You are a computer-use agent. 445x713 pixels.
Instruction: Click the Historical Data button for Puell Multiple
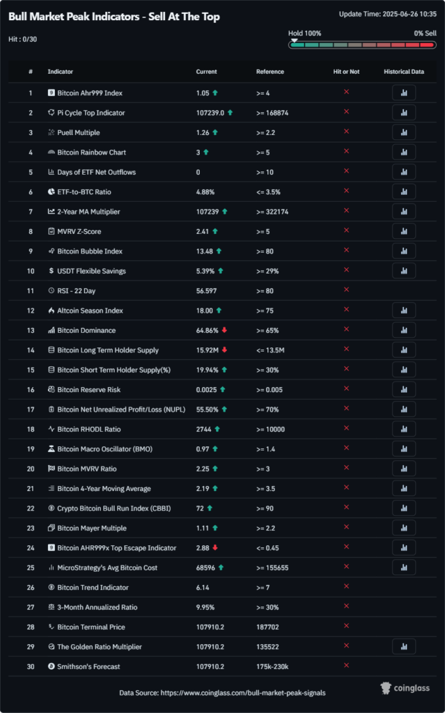[x=404, y=132]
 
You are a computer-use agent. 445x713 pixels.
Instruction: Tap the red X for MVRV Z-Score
[x=346, y=231]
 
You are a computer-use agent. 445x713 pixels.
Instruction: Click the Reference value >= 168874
[x=272, y=113]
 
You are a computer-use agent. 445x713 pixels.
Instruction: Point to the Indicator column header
[x=60, y=72]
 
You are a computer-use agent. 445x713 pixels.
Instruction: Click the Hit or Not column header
[x=346, y=72]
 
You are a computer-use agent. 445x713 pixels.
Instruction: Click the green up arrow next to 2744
[x=217, y=429]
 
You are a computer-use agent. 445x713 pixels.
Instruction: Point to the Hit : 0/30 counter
[x=23, y=39]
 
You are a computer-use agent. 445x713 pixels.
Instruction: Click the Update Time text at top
[x=387, y=14]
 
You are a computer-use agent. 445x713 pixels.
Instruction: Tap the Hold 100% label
[x=304, y=33]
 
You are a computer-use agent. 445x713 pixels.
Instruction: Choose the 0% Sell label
[x=425, y=33]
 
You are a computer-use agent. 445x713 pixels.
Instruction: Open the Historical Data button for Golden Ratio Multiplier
[x=404, y=647]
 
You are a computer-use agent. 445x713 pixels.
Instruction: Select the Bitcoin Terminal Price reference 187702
[x=270, y=627]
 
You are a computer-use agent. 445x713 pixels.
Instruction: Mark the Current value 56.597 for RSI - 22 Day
[x=209, y=290]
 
